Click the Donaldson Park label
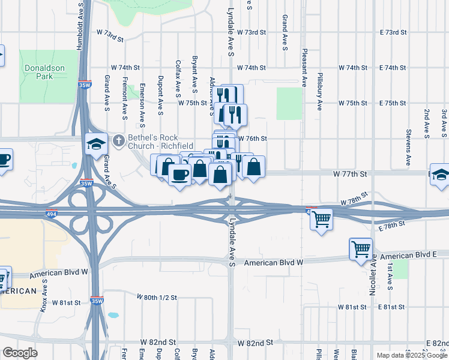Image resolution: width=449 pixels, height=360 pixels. point(44,72)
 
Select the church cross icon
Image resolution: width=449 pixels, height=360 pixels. point(119,140)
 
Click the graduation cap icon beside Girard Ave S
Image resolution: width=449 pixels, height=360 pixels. point(96,144)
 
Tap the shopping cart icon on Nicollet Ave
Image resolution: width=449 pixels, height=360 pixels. point(361,248)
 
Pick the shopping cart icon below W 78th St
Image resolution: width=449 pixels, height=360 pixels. point(322,219)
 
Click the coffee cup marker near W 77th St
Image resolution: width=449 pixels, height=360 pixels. point(179,175)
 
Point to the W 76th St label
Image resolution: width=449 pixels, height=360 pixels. point(252,139)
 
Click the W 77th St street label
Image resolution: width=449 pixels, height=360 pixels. point(350,173)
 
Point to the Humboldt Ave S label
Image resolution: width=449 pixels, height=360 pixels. point(79,25)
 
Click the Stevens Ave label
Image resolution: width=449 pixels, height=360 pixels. point(408,147)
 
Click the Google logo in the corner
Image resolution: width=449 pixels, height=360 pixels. point(20,353)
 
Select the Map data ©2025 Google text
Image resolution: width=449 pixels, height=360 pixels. point(411,355)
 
